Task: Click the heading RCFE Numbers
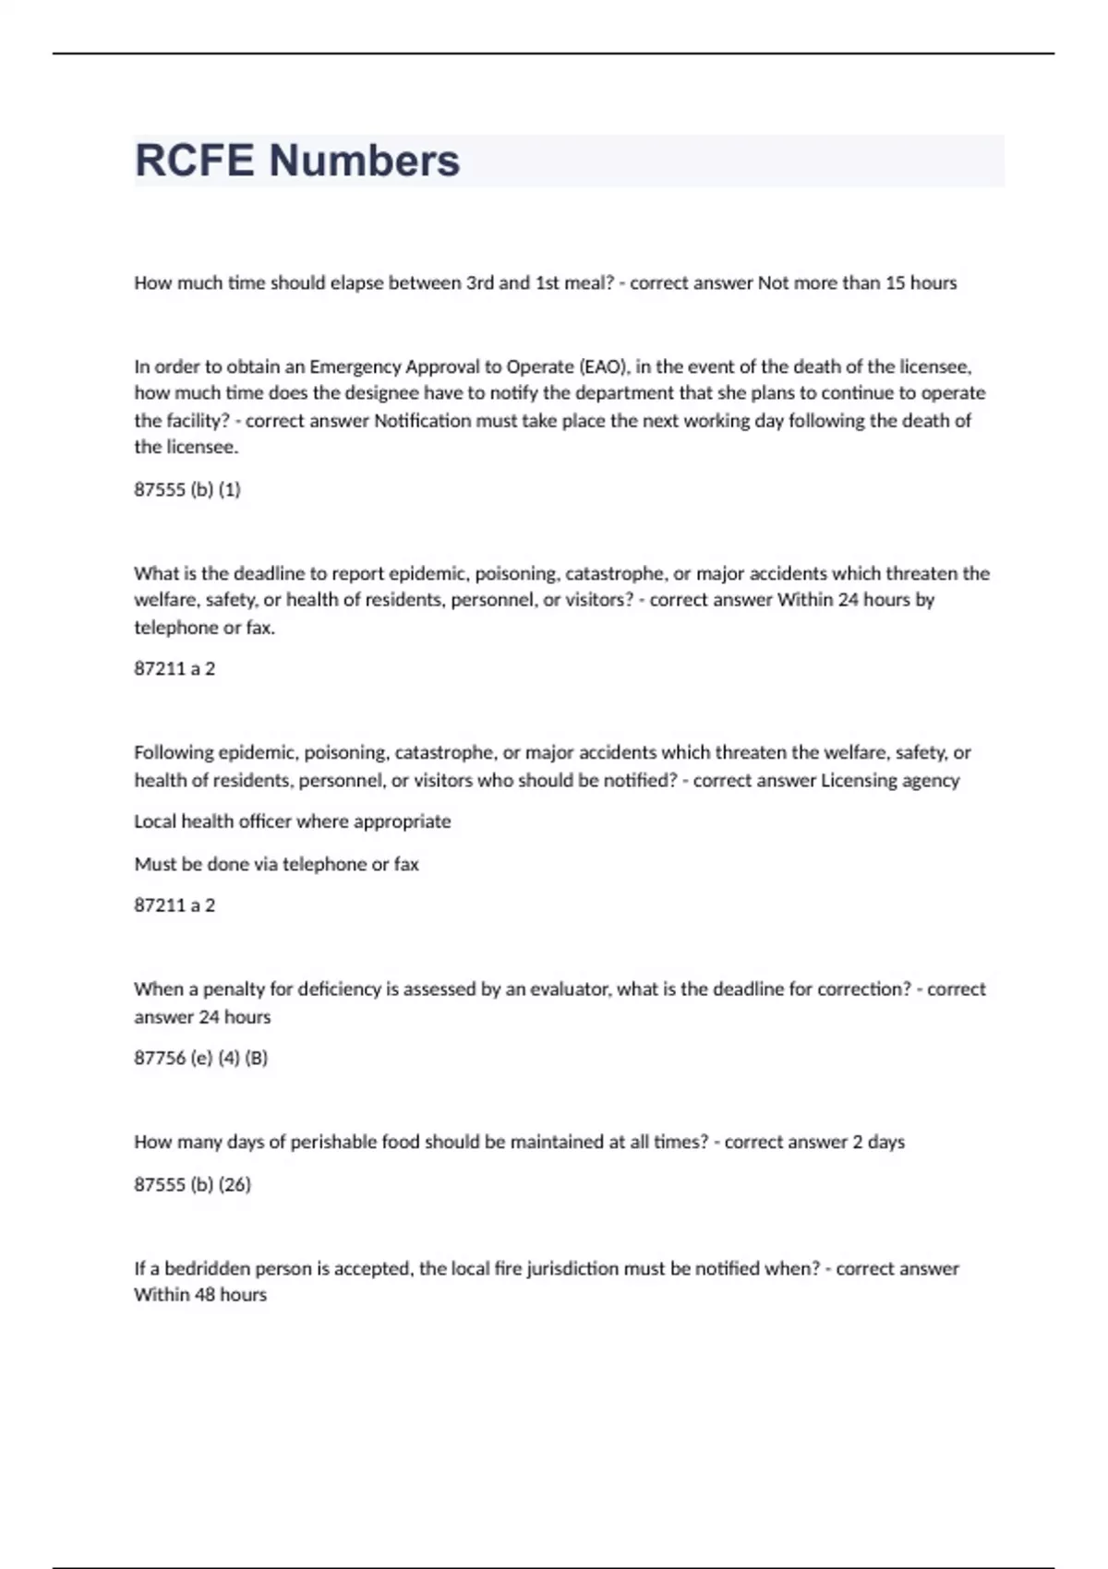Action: coord(297,161)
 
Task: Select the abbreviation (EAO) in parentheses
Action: coord(604,366)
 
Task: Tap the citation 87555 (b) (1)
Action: coord(187,490)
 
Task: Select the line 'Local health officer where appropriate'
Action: coord(293,821)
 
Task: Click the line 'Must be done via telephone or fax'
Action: coord(276,865)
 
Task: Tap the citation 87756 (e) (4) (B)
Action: coord(201,1059)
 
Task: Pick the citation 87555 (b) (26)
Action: coord(192,1184)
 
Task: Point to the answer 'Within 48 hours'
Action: coord(200,1295)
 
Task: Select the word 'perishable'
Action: coord(334,1143)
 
